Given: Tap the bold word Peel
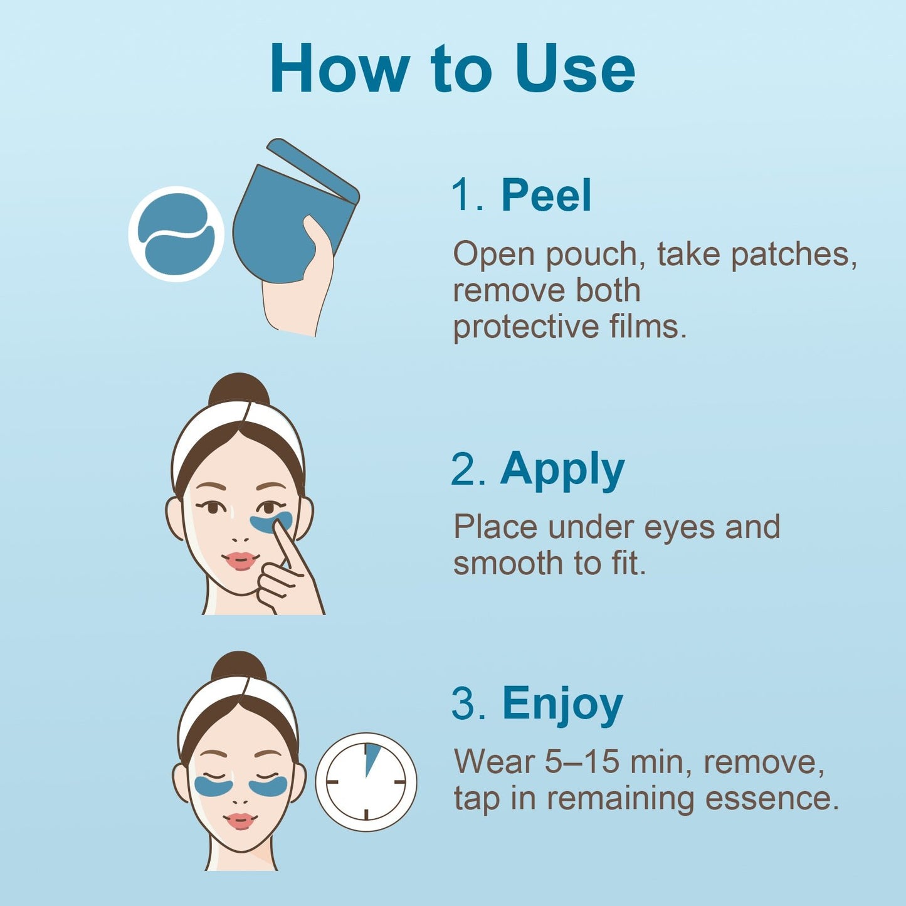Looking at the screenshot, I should click(546, 195).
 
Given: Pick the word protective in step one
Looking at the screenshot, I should click(525, 327).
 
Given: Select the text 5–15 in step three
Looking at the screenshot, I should click(581, 762).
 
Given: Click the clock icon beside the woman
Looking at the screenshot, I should click(366, 782).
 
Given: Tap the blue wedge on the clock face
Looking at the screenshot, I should click(372, 757).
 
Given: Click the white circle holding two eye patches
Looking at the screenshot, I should click(176, 234).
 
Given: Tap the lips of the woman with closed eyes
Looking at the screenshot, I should click(240, 820).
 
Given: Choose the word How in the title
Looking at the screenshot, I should click(339, 69).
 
